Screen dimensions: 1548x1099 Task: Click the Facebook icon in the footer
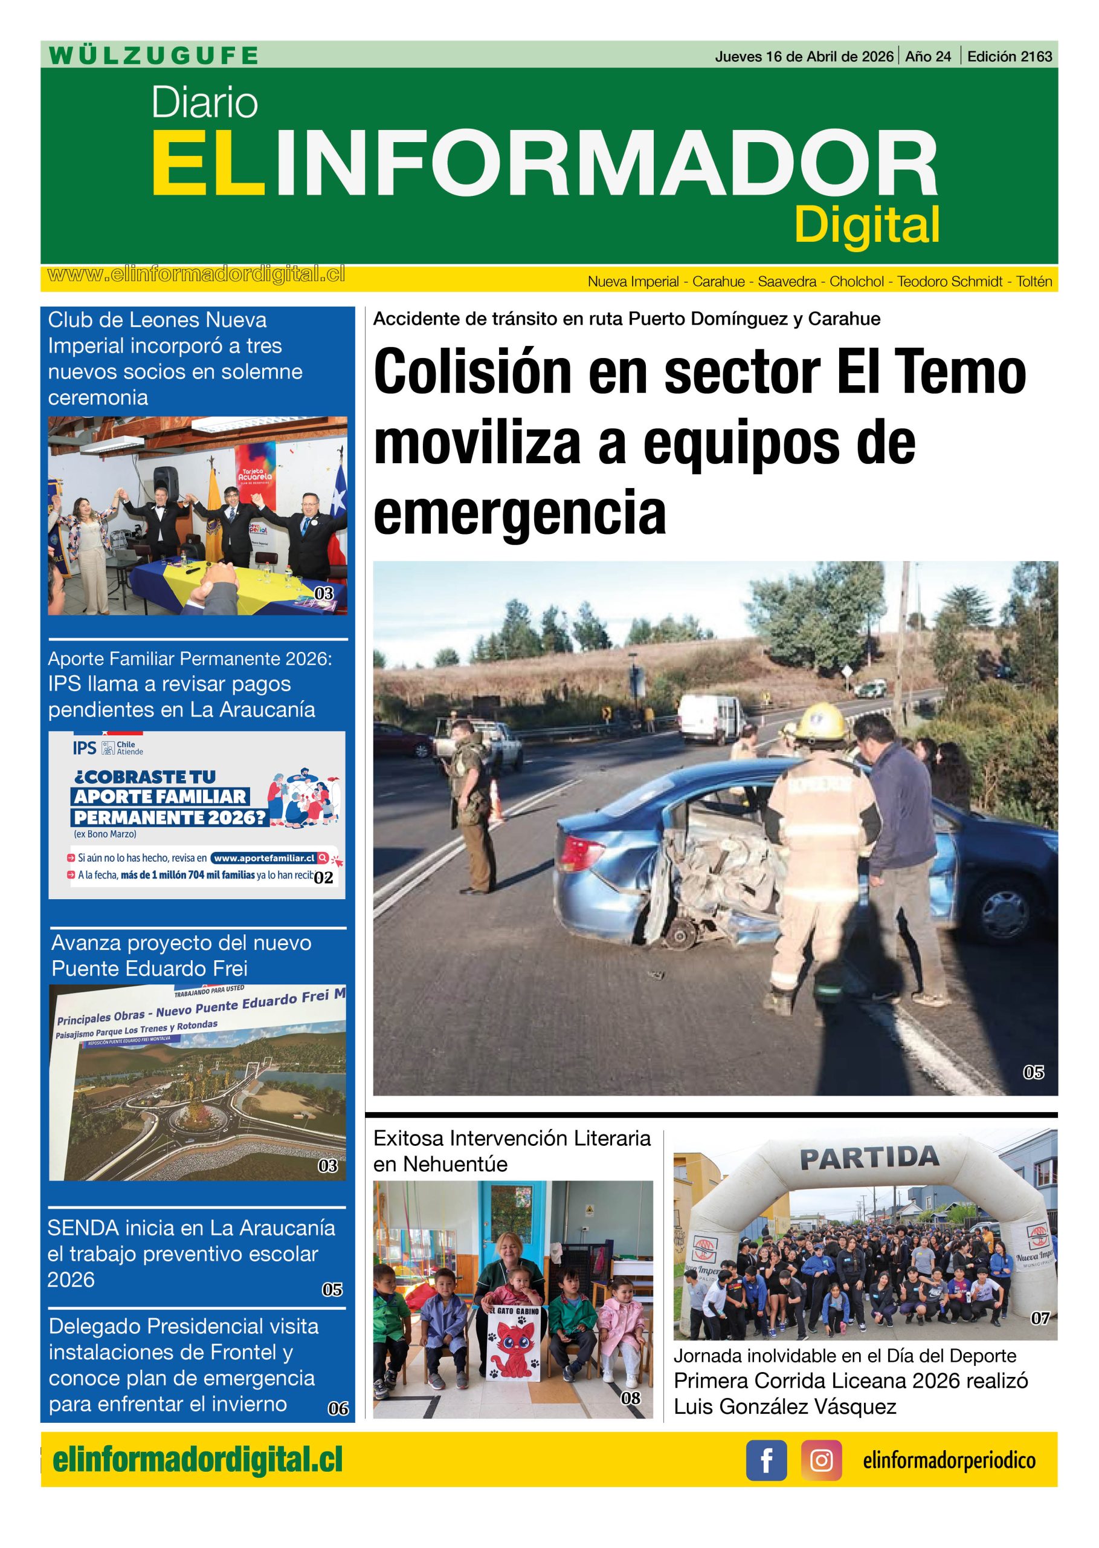[x=766, y=1461]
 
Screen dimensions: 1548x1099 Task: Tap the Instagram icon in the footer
[x=822, y=1461]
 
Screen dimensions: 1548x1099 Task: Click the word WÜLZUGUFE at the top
[x=153, y=56]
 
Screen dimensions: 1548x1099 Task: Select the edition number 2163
[x=1037, y=57]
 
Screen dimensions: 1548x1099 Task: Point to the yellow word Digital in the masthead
[x=867, y=225]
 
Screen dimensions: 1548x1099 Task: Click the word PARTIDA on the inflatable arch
[x=869, y=1157]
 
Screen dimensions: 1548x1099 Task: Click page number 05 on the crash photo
[x=1033, y=1072]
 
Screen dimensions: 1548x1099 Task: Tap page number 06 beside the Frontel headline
[x=338, y=1408]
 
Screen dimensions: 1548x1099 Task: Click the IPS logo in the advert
[x=85, y=747]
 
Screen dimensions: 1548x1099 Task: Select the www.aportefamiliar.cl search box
[x=269, y=857]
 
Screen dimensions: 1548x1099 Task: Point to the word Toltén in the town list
[x=1034, y=282]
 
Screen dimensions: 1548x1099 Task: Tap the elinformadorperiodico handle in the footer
[x=949, y=1461]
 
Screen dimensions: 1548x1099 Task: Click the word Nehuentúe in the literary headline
[x=456, y=1164]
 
